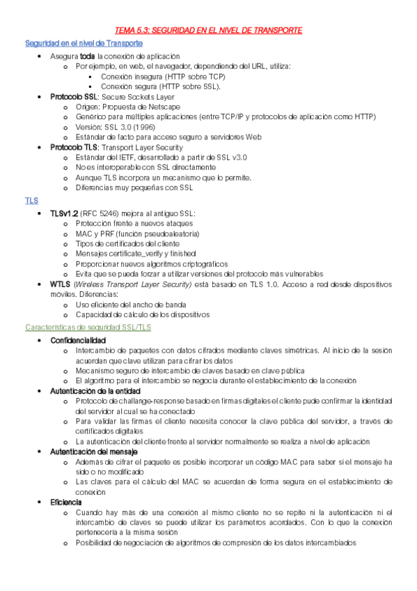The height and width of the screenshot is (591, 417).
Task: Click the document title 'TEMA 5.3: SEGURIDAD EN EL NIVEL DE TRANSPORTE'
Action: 208,31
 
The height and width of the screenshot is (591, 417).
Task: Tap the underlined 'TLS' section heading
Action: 31,200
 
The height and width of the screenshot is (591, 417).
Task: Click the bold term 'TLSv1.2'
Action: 64,213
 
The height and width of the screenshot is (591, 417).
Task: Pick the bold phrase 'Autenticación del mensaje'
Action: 93,452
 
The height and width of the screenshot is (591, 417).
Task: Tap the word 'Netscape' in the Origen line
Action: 162,107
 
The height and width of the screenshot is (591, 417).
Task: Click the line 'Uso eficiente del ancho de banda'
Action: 129,305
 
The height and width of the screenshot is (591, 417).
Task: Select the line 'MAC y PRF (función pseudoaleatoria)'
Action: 136,233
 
